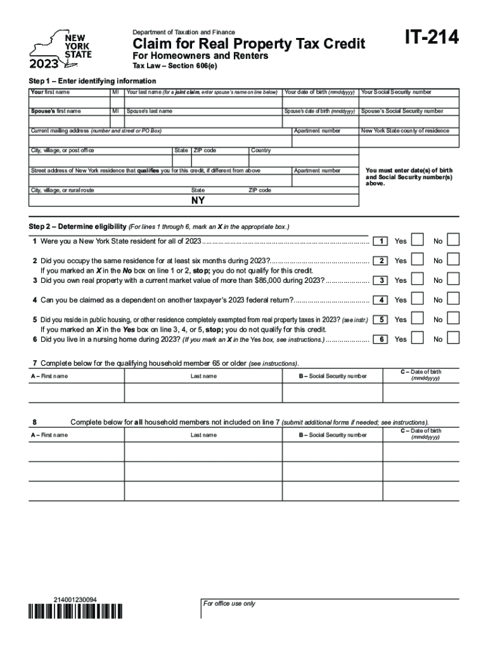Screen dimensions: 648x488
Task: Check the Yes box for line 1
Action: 418,240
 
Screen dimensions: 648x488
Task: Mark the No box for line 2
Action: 453,260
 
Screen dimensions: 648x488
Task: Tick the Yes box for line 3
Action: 418,280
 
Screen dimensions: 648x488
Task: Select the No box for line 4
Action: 453,299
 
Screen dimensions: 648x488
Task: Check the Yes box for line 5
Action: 418,320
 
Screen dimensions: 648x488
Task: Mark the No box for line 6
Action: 453,339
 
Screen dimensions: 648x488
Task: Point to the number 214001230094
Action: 75,599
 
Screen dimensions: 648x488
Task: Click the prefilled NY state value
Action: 198,201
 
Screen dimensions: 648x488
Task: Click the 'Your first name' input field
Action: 68,102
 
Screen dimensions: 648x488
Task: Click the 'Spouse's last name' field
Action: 203,121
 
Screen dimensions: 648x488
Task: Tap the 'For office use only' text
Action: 229,604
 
